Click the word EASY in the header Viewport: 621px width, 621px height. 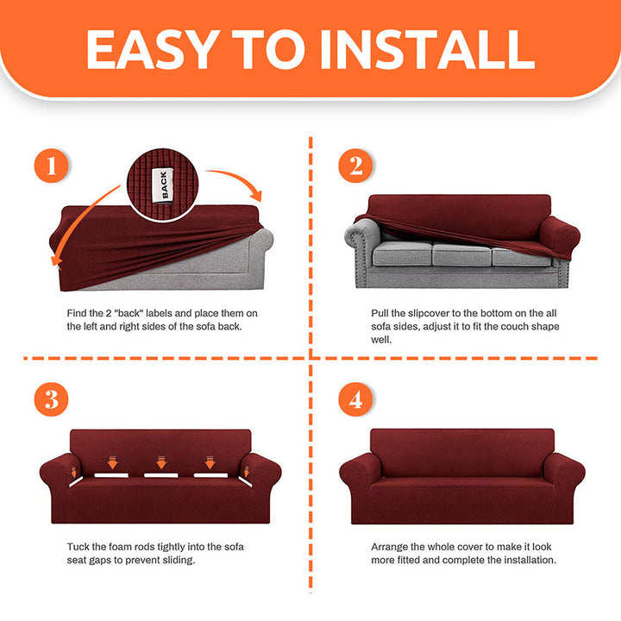pyautogui.click(x=154, y=49)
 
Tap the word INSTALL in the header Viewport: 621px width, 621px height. pyautogui.click(x=428, y=49)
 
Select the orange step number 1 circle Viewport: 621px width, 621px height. pyautogui.click(x=51, y=166)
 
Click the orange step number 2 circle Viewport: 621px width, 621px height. pyautogui.click(x=355, y=166)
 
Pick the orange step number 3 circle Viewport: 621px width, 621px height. pyautogui.click(x=51, y=399)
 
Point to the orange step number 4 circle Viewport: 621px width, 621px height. pyautogui.click(x=355, y=399)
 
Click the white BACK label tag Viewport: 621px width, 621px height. pyautogui.click(x=163, y=185)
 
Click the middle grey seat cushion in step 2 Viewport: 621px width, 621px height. pyautogui.click(x=461, y=254)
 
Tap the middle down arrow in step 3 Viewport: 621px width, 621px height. pyautogui.click(x=161, y=462)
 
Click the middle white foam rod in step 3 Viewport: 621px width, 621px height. pyautogui.click(x=161, y=475)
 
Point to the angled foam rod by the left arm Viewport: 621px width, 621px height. pyautogui.click(x=76, y=481)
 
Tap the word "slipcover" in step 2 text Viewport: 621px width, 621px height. pyautogui.click(x=429, y=314)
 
